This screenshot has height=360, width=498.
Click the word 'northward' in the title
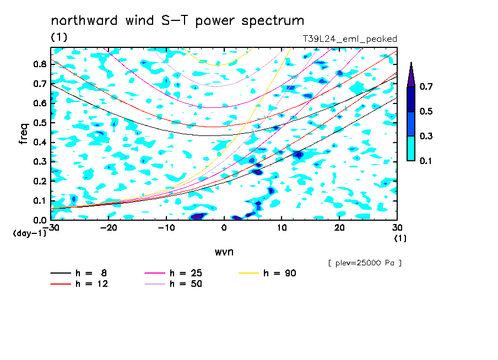(x=84, y=20)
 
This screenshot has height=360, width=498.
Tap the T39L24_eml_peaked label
(x=350, y=39)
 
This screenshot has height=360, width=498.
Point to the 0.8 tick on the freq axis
(x=40, y=64)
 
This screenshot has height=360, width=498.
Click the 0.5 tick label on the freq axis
(x=40, y=123)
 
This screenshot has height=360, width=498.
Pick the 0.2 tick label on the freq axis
(x=40, y=181)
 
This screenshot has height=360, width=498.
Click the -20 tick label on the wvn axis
(x=109, y=228)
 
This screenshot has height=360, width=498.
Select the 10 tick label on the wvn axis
(x=282, y=228)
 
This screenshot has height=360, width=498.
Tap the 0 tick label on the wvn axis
(x=224, y=228)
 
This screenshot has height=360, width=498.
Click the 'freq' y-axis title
(x=24, y=134)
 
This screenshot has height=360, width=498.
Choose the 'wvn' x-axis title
(x=224, y=252)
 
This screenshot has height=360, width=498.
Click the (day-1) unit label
(x=30, y=233)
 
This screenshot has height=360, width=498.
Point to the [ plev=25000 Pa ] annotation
(x=365, y=263)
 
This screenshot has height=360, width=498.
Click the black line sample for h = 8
(x=61, y=273)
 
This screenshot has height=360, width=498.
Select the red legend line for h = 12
(x=61, y=284)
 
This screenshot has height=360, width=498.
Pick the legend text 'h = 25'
(x=186, y=273)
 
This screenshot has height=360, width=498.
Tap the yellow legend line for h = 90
(x=249, y=273)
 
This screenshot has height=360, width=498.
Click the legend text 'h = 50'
(x=186, y=284)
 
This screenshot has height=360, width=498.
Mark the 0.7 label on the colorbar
(x=426, y=86)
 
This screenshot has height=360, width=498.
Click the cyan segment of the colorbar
(x=411, y=149)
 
